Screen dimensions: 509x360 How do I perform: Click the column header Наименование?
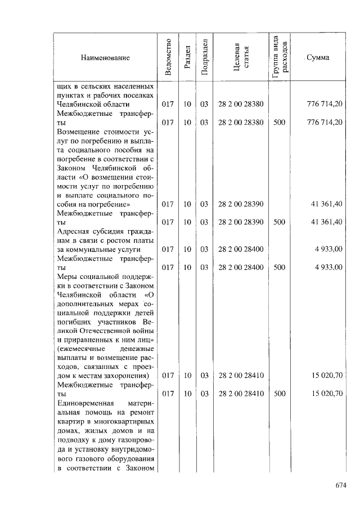(105, 58)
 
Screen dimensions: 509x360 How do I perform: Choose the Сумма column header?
(318, 58)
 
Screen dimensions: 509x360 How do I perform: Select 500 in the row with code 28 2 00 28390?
(279, 222)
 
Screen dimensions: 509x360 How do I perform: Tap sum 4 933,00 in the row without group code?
(328, 249)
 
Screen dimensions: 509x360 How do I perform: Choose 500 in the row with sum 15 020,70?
(279, 394)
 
